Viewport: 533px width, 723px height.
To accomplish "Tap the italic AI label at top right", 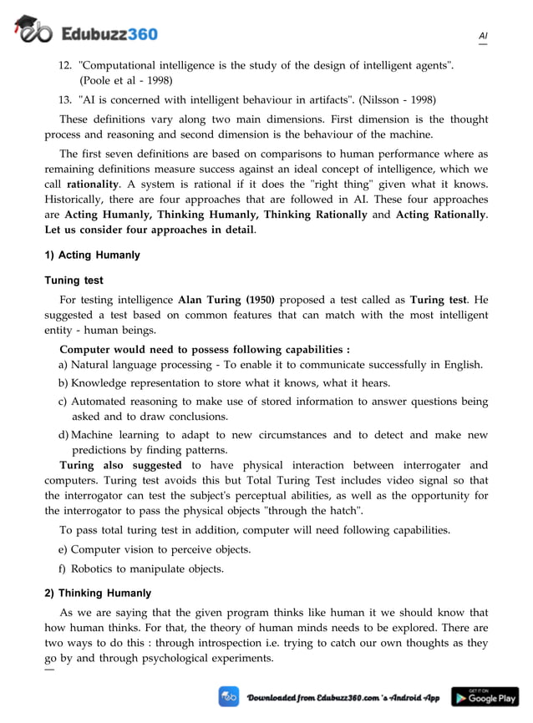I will click(x=483, y=36).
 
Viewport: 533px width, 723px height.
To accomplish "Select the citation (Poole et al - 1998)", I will click(x=126, y=81).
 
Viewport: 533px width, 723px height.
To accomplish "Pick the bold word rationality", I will click(x=92, y=183).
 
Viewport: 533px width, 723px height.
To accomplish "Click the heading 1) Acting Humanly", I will click(x=92, y=255).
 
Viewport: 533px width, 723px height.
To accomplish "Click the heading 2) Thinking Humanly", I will click(x=98, y=593).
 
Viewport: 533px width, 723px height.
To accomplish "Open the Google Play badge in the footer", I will click(x=485, y=696).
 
